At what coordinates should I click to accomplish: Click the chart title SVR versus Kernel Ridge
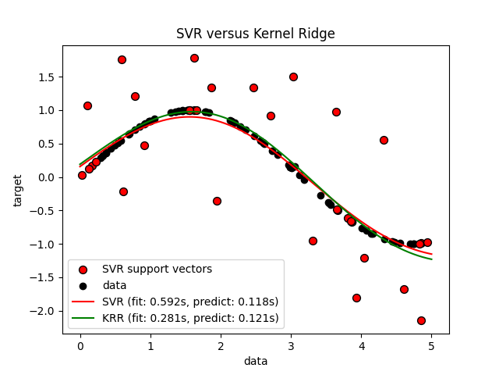(x=256, y=34)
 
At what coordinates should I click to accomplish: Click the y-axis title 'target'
(x=18, y=190)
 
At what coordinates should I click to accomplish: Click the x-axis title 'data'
(x=256, y=361)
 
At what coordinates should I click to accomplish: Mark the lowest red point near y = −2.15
(x=421, y=320)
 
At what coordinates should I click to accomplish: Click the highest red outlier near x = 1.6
(x=194, y=58)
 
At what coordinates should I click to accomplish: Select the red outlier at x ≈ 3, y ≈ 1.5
(x=293, y=77)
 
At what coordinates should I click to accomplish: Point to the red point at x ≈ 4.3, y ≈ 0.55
(x=384, y=140)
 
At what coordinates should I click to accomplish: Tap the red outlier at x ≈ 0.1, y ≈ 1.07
(x=87, y=105)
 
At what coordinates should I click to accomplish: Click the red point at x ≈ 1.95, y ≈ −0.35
(x=217, y=201)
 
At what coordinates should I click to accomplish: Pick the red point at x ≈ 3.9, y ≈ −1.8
(x=356, y=298)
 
